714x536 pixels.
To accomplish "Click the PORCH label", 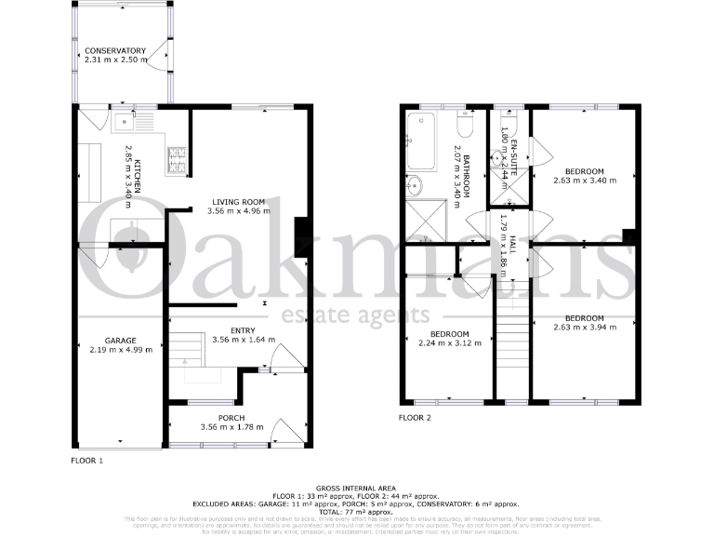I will [231, 418].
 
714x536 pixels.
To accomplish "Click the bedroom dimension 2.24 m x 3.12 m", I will [449, 343].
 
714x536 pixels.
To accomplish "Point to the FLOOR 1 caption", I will [87, 461].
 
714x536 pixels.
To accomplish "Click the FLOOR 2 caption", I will [415, 418].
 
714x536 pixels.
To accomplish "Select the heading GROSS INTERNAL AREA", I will [356, 488].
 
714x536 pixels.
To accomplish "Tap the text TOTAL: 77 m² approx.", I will [356, 511].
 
